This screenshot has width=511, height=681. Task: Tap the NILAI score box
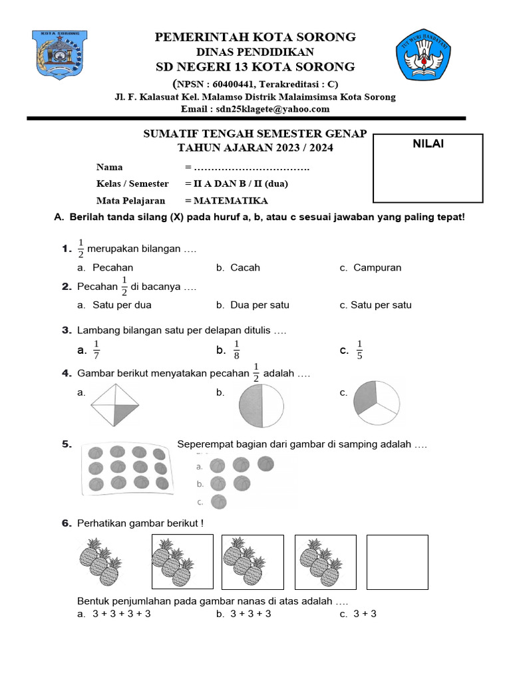point(428,168)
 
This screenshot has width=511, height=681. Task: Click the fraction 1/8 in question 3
point(236,349)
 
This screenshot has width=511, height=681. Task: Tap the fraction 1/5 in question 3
point(359,349)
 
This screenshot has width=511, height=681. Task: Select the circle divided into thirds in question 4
point(377,403)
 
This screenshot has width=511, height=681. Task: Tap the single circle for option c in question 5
point(218,501)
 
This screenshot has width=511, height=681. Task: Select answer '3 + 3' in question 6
point(364,614)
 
